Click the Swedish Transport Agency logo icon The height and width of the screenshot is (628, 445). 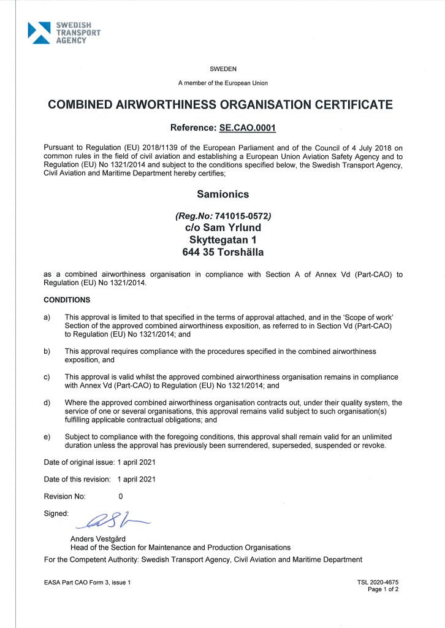pos(39,32)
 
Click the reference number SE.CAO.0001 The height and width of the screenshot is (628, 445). pos(248,128)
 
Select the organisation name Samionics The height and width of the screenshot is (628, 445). pos(222,194)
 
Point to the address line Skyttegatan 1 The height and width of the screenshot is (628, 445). pos(222,240)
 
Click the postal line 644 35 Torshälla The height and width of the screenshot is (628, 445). pos(222,252)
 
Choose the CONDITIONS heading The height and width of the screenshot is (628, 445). pos(67,300)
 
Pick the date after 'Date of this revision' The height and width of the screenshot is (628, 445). pos(137,478)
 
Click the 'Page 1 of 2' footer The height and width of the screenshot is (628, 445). pos(383,589)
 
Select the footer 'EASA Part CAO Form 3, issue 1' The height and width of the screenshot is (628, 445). pos(88,582)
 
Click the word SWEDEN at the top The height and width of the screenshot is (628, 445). pos(222,69)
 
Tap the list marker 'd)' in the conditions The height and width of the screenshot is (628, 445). pos(47,403)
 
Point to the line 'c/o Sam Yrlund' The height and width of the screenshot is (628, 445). pos(222,228)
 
